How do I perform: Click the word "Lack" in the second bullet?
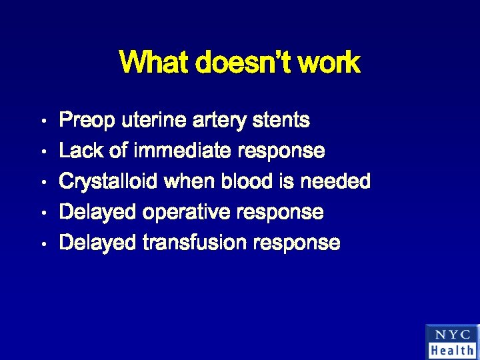pos(81,151)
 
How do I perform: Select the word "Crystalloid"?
pos(109,181)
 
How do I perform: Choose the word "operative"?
pos(183,213)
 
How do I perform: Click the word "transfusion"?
pos(195,243)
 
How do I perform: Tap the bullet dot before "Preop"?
pos(42,122)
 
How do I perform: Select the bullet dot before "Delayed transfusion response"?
pos(42,244)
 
